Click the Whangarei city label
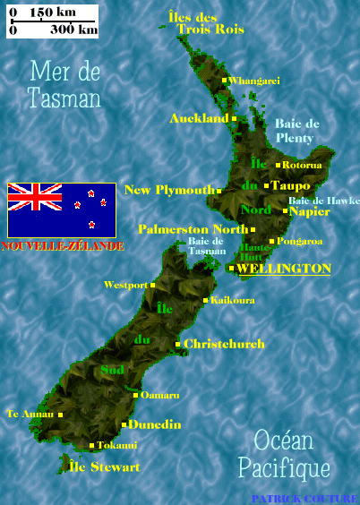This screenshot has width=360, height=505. pyautogui.click(x=254, y=81)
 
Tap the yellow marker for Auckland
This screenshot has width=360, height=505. pyautogui.click(x=234, y=118)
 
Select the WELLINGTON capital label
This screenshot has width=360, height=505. pyautogui.click(x=283, y=269)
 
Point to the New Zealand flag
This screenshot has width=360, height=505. pyautogui.click(x=62, y=210)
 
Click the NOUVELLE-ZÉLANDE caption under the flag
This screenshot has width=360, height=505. pyautogui.click(x=63, y=245)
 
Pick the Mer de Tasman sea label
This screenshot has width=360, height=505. pyautogui.click(x=64, y=84)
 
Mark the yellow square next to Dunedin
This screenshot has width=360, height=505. pyautogui.click(x=124, y=424)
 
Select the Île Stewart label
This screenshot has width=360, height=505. pyautogui.click(x=104, y=466)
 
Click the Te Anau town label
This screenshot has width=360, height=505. pyautogui.click(x=29, y=414)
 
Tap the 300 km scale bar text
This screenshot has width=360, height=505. pyautogui.click(x=73, y=30)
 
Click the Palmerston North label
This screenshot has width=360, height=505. pyautogui.click(x=193, y=229)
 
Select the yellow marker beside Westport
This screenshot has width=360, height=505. pyautogui.click(x=153, y=285)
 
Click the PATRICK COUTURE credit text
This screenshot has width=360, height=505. pyautogui.click(x=304, y=499)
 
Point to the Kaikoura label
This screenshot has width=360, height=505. pyautogui.click(x=232, y=300)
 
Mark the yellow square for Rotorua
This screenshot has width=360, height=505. pyautogui.click(x=279, y=165)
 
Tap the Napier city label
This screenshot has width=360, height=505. pyautogui.click(x=310, y=211)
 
